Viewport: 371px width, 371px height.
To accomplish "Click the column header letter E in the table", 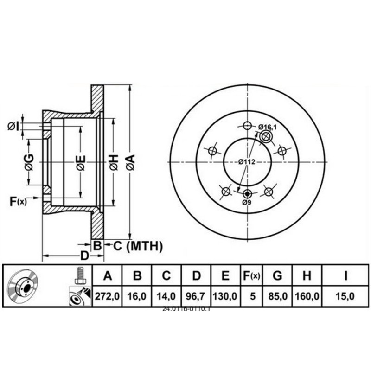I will coord(225,276).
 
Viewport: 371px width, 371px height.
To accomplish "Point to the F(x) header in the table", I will coord(252,276).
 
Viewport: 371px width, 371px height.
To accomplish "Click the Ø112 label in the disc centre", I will coord(247,162).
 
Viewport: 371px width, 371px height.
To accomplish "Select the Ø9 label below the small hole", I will coord(247,203).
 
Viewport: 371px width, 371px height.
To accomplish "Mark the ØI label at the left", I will coord(13,125).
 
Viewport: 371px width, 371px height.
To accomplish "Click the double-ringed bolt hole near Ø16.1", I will coord(266,137).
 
